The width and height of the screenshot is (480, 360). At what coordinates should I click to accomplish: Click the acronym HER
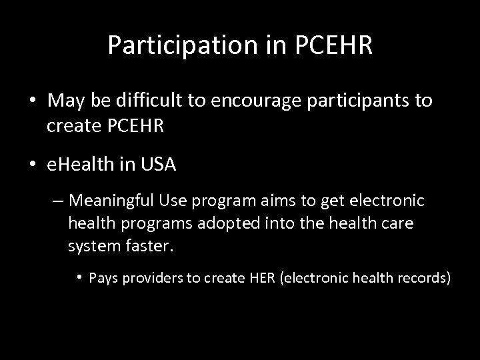(265, 277)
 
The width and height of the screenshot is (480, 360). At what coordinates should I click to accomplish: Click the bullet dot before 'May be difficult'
(31, 102)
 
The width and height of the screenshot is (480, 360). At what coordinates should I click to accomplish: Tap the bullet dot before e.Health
(31, 165)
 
